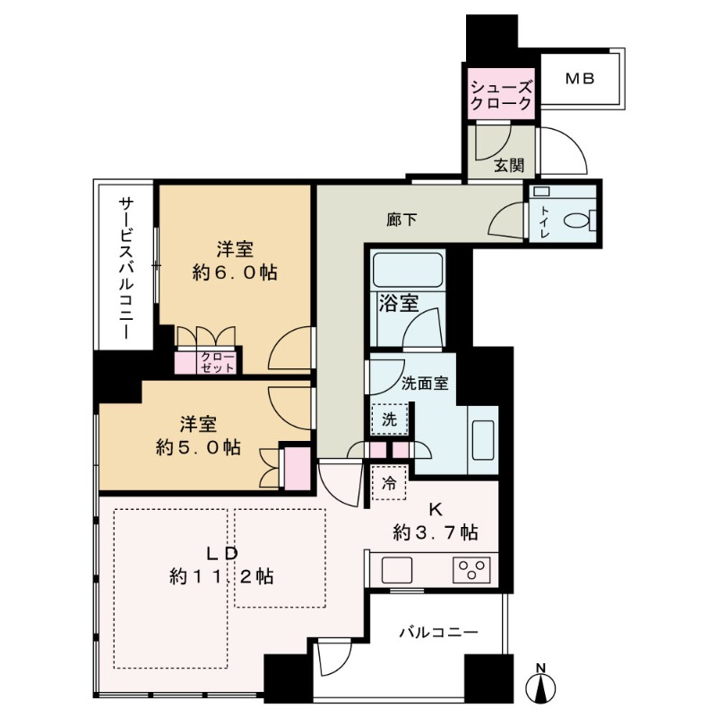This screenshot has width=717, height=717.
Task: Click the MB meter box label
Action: [579, 79]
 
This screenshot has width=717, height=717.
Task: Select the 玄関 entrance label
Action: [508, 165]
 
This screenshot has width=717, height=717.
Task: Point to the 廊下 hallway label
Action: [401, 219]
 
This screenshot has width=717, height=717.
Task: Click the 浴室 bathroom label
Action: [399, 303]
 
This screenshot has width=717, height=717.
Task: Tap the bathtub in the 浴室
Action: [407, 269]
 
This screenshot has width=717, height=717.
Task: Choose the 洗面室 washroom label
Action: [425, 381]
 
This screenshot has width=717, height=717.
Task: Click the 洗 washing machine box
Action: [389, 418]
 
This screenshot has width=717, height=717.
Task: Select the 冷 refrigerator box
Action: [389, 482]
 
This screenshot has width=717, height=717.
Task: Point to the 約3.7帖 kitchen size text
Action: [435, 532]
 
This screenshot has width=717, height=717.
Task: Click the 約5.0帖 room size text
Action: [199, 446]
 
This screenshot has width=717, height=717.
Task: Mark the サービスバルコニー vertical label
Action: [125, 269]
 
